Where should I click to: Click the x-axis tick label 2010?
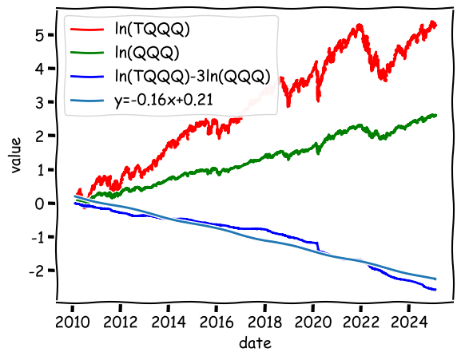tap(73, 322)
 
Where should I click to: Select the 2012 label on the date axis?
tap(121, 322)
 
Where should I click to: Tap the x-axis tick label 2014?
tap(169, 322)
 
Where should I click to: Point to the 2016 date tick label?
tap(217, 322)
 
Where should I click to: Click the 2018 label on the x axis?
tap(265, 322)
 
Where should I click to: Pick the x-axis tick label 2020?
tap(313, 322)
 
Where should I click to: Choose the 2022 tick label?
tap(361, 322)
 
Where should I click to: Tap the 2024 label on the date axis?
tap(409, 322)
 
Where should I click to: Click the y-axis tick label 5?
tap(39, 35)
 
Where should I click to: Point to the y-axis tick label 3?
tap(39, 102)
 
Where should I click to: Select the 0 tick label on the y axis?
tap(39, 204)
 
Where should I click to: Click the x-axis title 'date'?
tap(255, 342)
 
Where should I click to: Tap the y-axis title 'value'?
tap(16, 155)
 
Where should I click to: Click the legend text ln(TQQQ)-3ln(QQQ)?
tap(193, 77)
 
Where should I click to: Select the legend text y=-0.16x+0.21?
tap(164, 101)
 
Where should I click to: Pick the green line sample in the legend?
tap(87, 53)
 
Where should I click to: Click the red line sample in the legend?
tap(87, 29)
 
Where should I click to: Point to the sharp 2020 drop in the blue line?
tap(319, 246)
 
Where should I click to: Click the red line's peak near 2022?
tap(360, 26)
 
